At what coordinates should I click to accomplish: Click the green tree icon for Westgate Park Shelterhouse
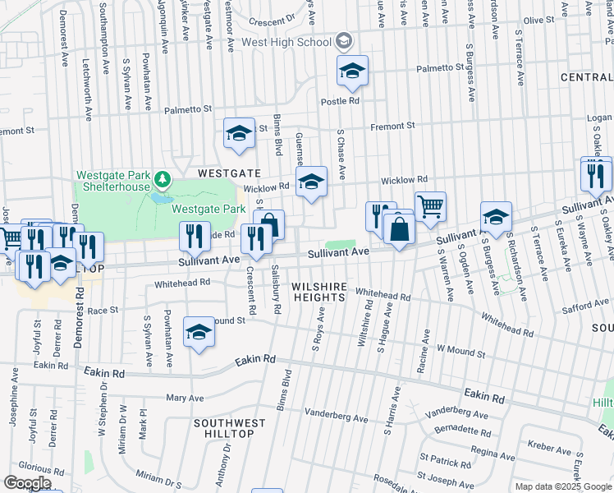coord(163,177)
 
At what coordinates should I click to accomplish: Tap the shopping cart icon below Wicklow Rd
coord(429,206)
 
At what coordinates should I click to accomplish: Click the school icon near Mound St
coord(198,333)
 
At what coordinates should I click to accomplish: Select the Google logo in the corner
coord(26,482)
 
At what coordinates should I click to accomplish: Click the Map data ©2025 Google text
coord(563,486)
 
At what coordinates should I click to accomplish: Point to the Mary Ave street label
coord(185,398)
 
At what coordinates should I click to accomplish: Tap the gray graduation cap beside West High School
coord(344,41)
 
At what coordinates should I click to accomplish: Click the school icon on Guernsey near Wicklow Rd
coord(311,183)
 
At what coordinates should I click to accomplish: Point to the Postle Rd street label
coord(342,101)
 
